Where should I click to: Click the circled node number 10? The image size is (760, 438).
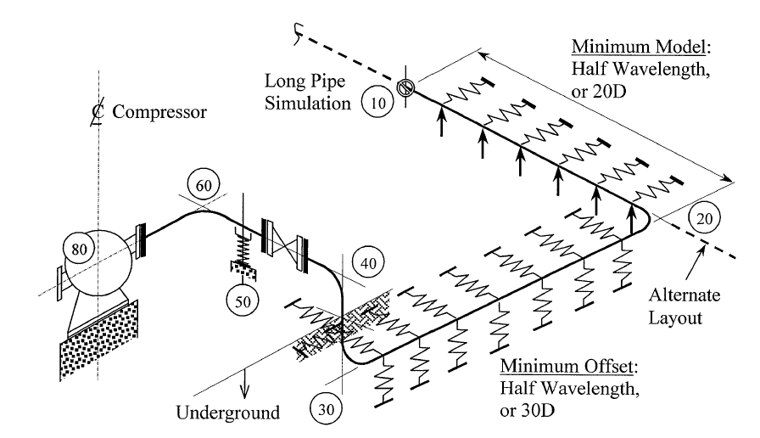377,103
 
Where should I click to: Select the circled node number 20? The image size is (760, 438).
704,218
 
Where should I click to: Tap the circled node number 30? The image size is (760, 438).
326,409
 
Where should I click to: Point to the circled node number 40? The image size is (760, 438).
368,263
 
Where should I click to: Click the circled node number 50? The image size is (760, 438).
243,300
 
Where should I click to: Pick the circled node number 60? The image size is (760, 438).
204,185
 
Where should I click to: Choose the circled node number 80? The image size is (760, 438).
79,249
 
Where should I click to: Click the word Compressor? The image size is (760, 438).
159,111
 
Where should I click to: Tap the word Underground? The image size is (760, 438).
228,413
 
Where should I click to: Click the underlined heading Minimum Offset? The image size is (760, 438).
567,366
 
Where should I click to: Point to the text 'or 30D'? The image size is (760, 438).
527,410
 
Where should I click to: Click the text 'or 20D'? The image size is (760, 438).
599,91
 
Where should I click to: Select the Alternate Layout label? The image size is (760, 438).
684,306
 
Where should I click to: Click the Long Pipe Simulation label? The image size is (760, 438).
307,92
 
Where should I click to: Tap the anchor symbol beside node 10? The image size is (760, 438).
405,87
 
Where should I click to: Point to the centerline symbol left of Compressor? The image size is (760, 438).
98,112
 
